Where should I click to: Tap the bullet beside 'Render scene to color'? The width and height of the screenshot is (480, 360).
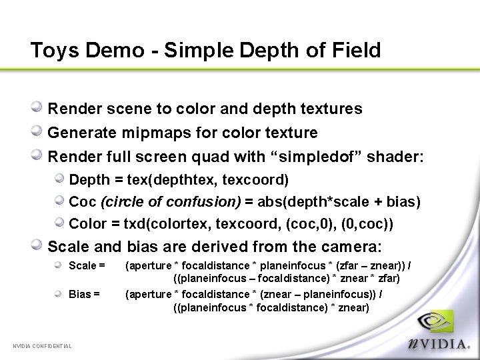(x=39, y=107)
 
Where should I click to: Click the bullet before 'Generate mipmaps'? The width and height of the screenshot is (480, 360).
(x=39, y=131)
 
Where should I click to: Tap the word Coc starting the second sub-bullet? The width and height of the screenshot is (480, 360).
(x=83, y=201)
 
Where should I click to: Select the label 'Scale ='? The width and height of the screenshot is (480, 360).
(x=87, y=266)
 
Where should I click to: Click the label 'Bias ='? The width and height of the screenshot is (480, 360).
(x=85, y=294)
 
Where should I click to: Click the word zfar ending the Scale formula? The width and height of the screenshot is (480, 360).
(x=388, y=279)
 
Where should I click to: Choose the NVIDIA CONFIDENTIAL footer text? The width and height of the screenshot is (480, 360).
(x=43, y=345)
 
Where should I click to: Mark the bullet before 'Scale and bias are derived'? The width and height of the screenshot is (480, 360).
(x=39, y=245)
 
